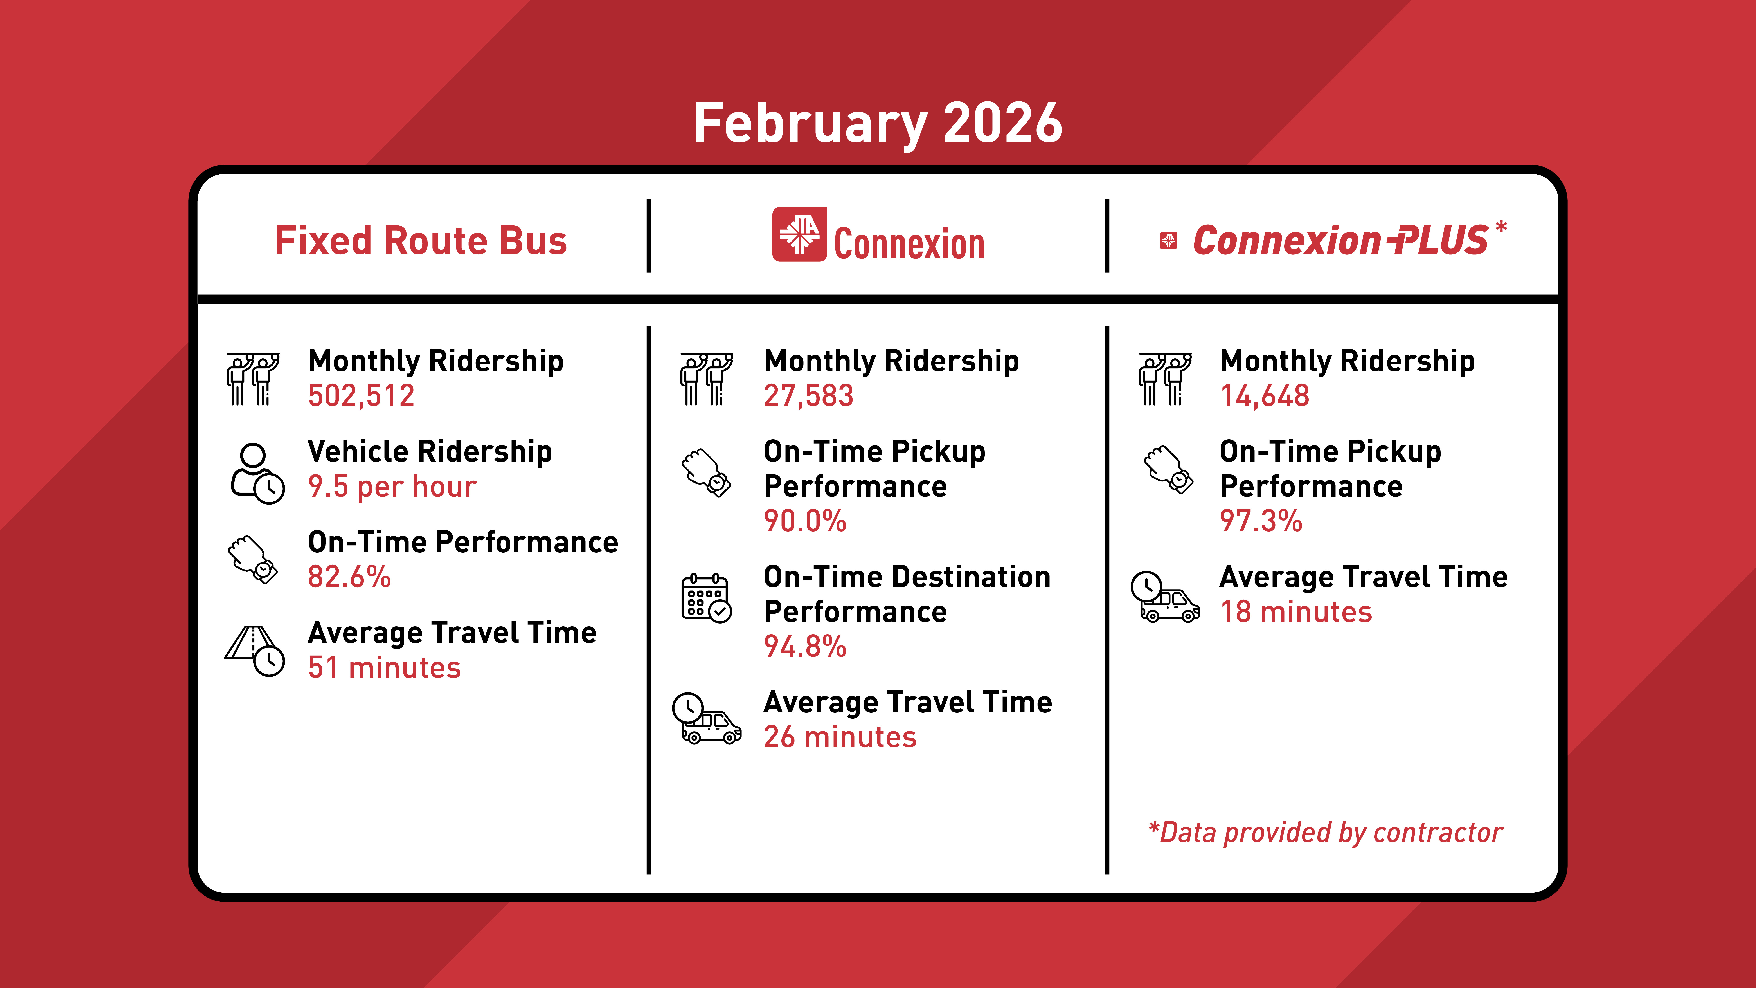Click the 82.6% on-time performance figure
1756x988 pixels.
click(349, 577)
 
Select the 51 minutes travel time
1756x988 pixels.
click(384, 667)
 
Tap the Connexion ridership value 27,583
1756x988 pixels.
click(808, 395)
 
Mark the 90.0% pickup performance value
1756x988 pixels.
click(805, 521)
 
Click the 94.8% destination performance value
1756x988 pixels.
click(805, 646)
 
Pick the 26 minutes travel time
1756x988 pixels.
click(840, 737)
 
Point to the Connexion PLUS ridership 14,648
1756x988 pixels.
click(1265, 395)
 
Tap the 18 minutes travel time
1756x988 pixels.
click(1295, 612)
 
